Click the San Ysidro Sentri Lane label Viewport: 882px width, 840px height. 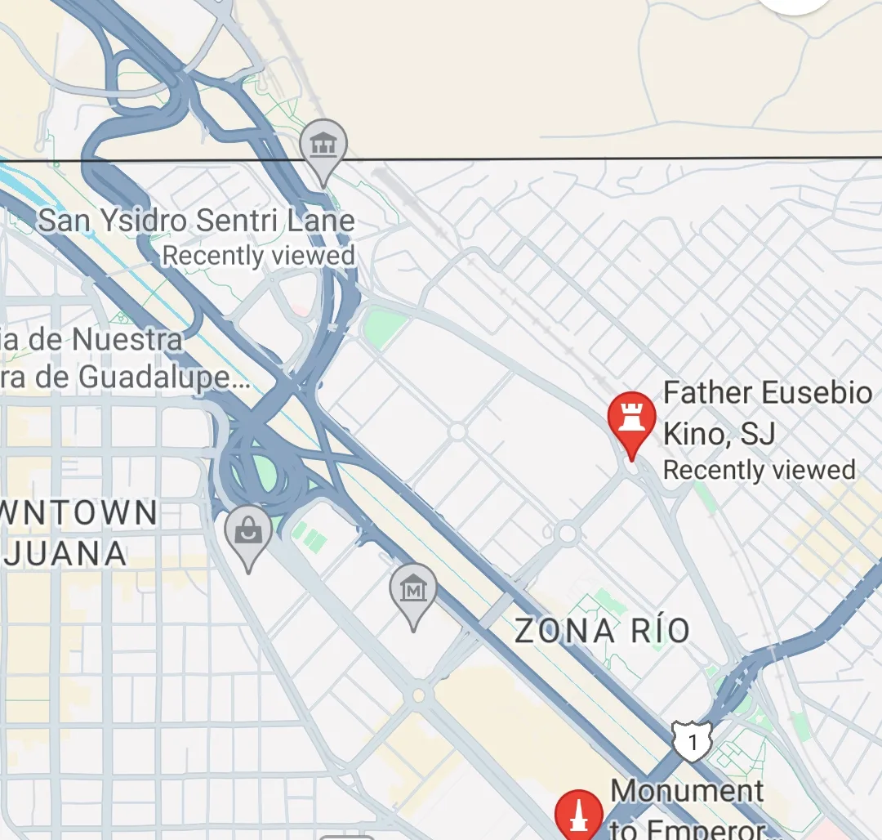pyautogui.click(x=197, y=220)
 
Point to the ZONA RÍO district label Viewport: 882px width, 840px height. pyautogui.click(x=603, y=631)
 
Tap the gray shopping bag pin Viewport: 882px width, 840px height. pyautogui.click(x=248, y=533)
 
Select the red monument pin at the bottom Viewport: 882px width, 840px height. pyautogui.click(x=579, y=815)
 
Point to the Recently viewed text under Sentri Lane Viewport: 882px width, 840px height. pyautogui.click(x=259, y=256)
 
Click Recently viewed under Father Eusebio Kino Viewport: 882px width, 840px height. pyautogui.click(x=759, y=470)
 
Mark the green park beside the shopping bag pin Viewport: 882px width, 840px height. pyautogui.click(x=263, y=470)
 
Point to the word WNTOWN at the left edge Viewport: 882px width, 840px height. pyautogui.click(x=79, y=513)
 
